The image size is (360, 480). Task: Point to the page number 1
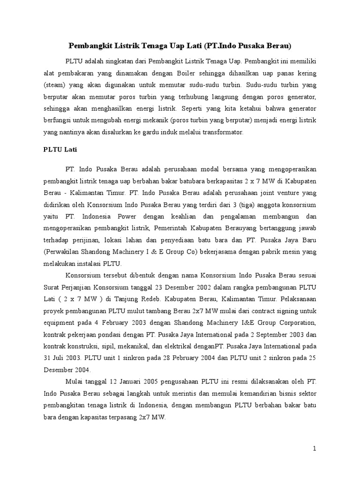(315, 449)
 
